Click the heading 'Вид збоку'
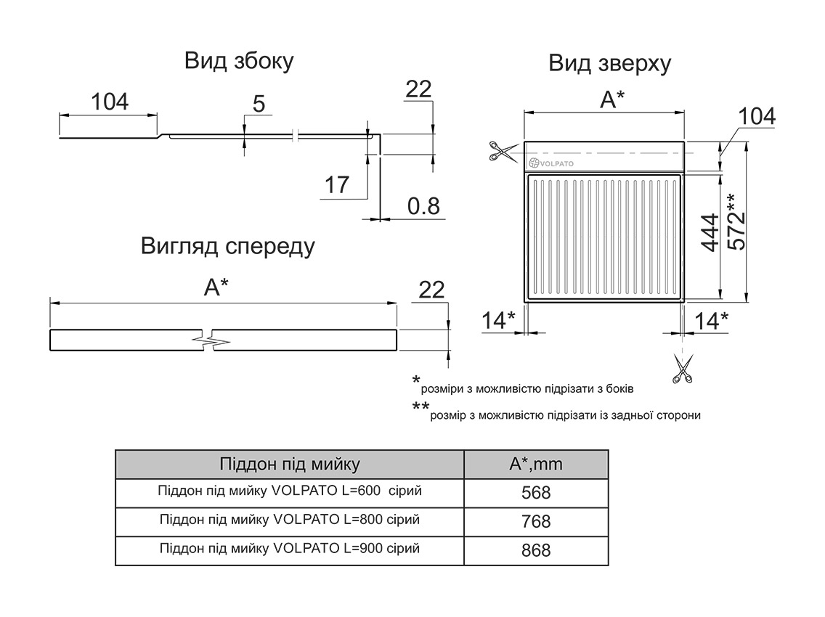tap(239, 61)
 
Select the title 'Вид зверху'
tap(609, 64)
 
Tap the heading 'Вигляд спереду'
tap(228, 247)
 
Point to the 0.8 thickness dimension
tap(423, 207)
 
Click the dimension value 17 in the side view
tap(337, 185)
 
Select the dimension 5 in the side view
tap(259, 105)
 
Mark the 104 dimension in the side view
tap(110, 102)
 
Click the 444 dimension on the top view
tap(710, 232)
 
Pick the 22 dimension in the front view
tap(431, 290)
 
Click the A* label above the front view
tap(216, 288)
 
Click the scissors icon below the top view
tap(682, 368)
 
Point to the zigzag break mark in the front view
tap(212, 340)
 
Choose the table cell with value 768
tap(536, 522)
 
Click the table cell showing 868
tap(536, 551)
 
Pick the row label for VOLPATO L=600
tap(289, 491)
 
